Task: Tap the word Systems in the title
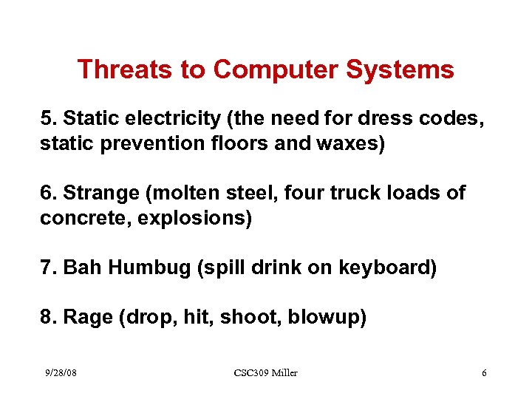(407, 69)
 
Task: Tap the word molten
(185, 193)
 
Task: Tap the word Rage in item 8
(87, 317)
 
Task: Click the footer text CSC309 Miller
(265, 372)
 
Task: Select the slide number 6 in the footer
(484, 372)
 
